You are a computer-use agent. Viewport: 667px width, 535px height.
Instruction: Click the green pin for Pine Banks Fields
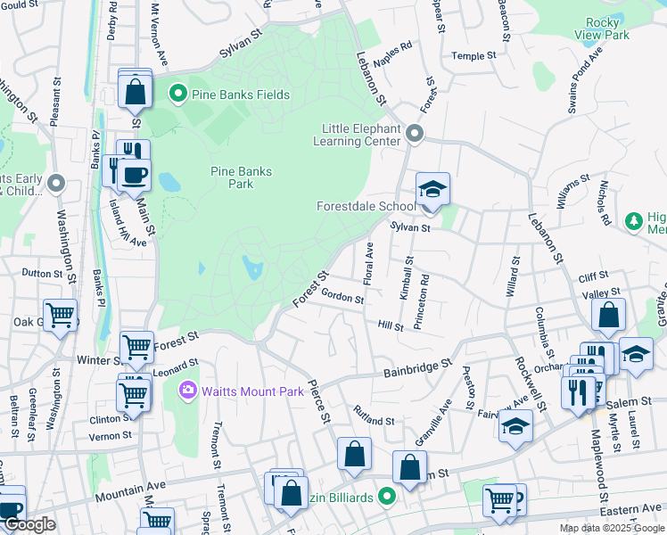(x=177, y=94)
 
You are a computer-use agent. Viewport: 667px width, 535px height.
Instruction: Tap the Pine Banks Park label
(x=233, y=177)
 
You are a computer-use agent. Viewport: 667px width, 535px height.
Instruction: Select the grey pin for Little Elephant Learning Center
(x=414, y=134)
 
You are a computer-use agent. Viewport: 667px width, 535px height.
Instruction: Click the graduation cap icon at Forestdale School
(x=432, y=190)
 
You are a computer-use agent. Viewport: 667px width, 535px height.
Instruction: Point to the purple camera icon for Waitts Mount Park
(x=187, y=390)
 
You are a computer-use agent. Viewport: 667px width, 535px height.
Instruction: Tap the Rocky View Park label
(x=608, y=29)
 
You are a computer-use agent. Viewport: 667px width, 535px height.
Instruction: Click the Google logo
(x=29, y=525)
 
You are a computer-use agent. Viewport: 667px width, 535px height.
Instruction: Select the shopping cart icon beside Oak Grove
(x=60, y=316)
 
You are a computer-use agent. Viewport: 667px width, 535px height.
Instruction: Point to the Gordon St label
(x=342, y=296)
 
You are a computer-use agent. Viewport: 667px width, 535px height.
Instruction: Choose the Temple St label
(x=473, y=56)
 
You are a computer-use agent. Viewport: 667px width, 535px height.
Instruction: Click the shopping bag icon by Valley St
(x=608, y=315)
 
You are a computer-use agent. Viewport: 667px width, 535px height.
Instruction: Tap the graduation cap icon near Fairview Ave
(x=515, y=426)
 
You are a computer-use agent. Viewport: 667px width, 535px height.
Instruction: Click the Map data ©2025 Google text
(x=612, y=528)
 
